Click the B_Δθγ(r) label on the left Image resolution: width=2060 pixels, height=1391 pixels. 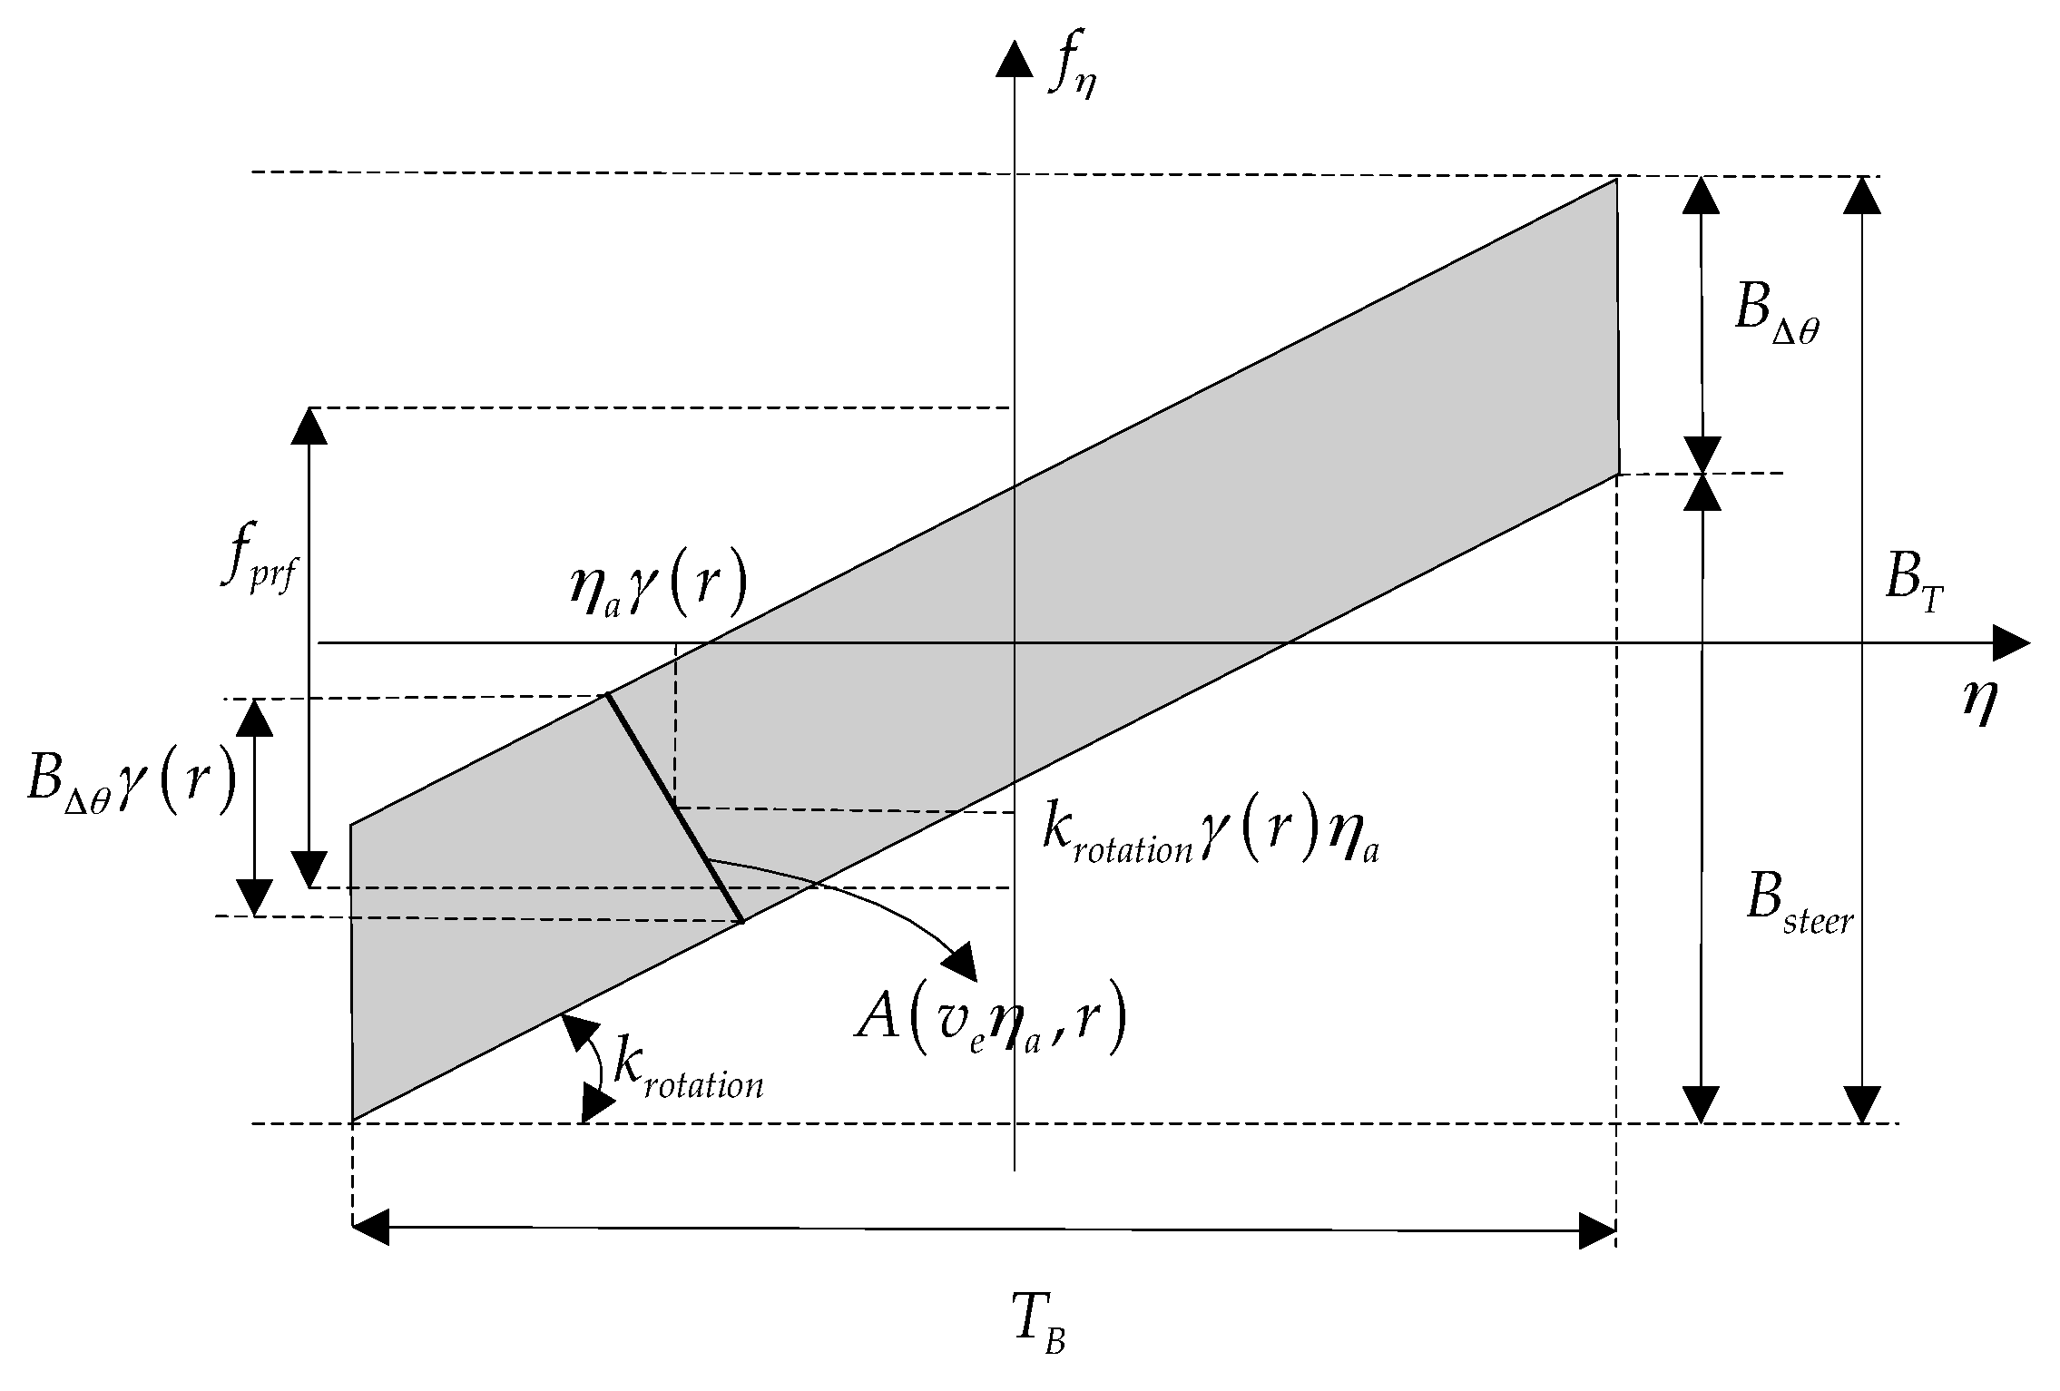pyautogui.click(x=132, y=782)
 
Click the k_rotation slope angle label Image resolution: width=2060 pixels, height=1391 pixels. pyautogui.click(x=688, y=1070)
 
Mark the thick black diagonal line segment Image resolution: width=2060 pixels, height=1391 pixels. pyautogui.click(x=675, y=808)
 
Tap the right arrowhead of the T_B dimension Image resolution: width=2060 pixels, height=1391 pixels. pyautogui.click(x=1598, y=1231)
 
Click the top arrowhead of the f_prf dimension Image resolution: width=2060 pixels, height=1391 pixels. pyautogui.click(x=309, y=426)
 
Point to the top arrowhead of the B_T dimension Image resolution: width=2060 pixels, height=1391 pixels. pyautogui.click(x=1862, y=194)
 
